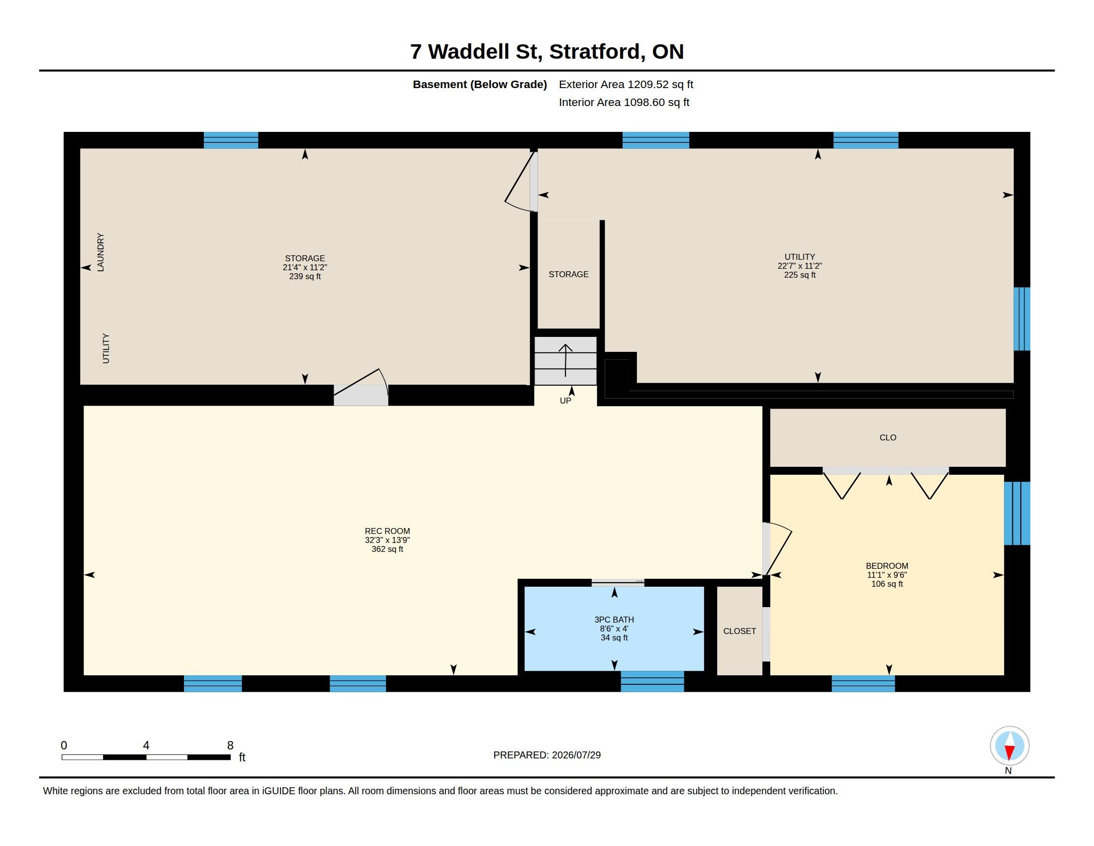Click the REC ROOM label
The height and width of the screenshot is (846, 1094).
pos(387,531)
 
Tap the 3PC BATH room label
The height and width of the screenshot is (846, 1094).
pos(614,620)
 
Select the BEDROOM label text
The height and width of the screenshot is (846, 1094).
pos(887,566)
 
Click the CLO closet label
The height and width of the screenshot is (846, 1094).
pos(888,437)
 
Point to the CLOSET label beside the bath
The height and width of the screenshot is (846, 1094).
pos(739,631)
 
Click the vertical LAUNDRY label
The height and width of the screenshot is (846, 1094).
pos(100,252)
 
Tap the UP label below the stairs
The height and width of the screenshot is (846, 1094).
pos(565,401)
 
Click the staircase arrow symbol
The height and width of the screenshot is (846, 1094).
pos(565,360)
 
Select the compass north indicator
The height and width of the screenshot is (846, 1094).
pos(1009,746)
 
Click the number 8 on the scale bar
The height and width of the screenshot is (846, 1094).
pos(230,745)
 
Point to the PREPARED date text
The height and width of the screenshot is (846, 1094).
pos(547,755)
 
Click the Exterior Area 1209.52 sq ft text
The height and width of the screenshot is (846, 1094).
pos(626,84)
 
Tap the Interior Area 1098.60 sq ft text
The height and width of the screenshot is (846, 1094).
pos(624,102)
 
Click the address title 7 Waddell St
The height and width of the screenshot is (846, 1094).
pos(476,52)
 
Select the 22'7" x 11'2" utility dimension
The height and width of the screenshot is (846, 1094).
pos(800,266)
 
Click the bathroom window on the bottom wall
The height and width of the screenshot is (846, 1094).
pos(652,682)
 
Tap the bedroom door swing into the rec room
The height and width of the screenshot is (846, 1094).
pos(777,548)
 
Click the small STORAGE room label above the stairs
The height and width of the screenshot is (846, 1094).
pos(568,274)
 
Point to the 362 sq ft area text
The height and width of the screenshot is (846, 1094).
pos(387,549)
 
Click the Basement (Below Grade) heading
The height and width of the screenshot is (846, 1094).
pos(480,84)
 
